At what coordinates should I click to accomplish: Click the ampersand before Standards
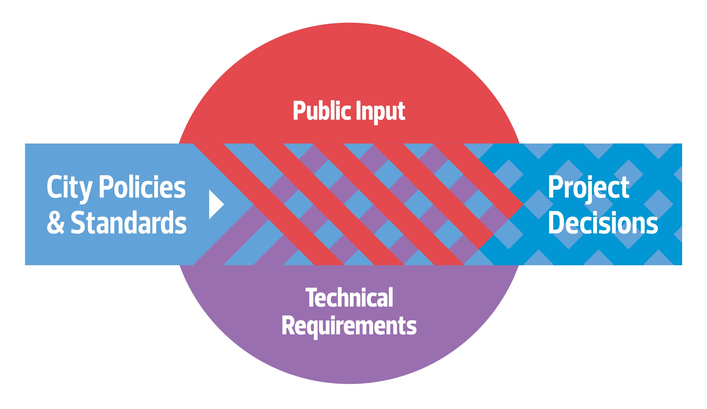pyautogui.click(x=56, y=222)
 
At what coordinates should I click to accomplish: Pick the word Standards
pyautogui.click(x=128, y=222)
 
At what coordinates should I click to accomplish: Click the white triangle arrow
pyautogui.click(x=215, y=204)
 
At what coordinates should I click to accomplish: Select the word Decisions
pyautogui.click(x=603, y=222)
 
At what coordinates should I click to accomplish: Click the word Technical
pyautogui.click(x=349, y=298)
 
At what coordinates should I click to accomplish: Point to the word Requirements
pyautogui.click(x=349, y=326)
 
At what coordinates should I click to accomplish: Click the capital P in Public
pyautogui.click(x=299, y=111)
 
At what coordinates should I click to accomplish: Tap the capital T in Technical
pyautogui.click(x=311, y=298)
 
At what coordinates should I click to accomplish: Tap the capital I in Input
pyautogui.click(x=358, y=111)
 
